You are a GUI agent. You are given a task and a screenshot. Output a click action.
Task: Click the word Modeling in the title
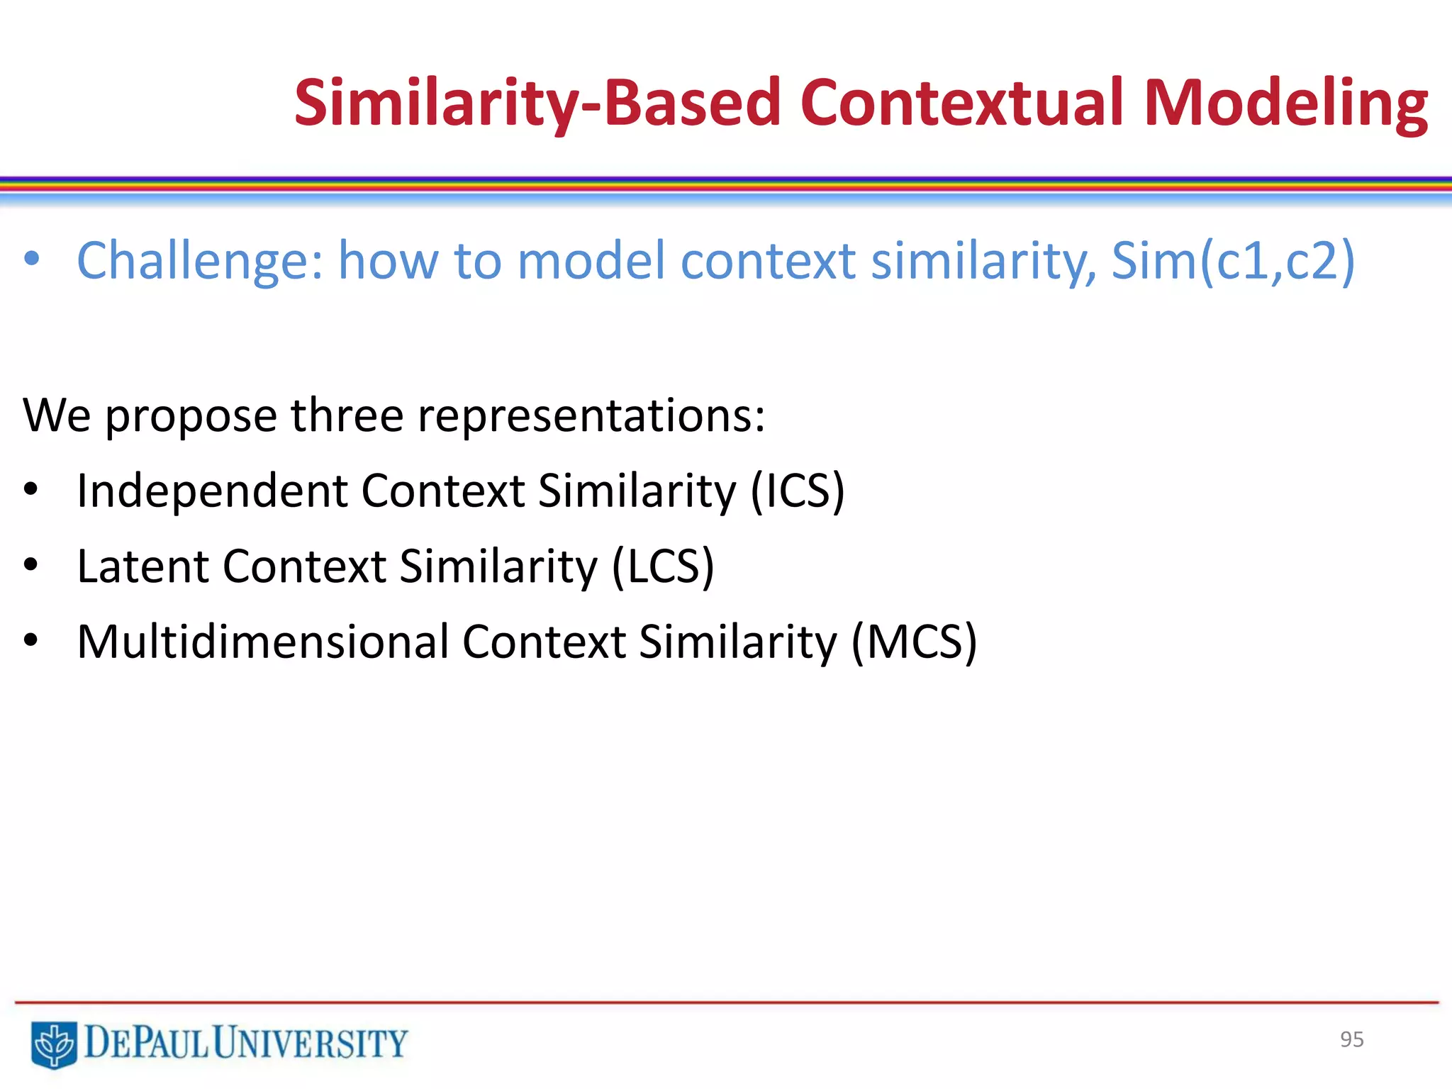click(1285, 104)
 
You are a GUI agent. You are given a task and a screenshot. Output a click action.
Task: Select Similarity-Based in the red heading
click(537, 104)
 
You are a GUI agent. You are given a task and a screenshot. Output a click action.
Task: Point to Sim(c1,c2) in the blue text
click(1233, 261)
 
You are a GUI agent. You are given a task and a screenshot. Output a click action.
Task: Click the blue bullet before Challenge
click(32, 259)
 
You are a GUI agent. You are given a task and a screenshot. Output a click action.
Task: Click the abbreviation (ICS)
click(798, 491)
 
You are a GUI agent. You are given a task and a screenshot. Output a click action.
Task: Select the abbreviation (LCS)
click(663, 566)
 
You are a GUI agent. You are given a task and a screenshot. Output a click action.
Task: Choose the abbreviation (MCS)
click(914, 642)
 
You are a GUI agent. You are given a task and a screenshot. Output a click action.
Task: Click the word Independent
click(211, 491)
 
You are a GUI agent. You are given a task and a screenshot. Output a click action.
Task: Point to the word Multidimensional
click(262, 642)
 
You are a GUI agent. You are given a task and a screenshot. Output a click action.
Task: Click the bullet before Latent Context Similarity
click(30, 565)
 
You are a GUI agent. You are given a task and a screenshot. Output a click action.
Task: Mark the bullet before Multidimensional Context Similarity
click(30, 641)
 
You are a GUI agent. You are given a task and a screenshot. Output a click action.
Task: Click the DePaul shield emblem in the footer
click(54, 1044)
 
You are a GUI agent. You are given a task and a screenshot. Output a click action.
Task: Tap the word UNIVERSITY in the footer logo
click(311, 1043)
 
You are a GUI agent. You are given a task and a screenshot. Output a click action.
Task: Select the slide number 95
click(1351, 1039)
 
